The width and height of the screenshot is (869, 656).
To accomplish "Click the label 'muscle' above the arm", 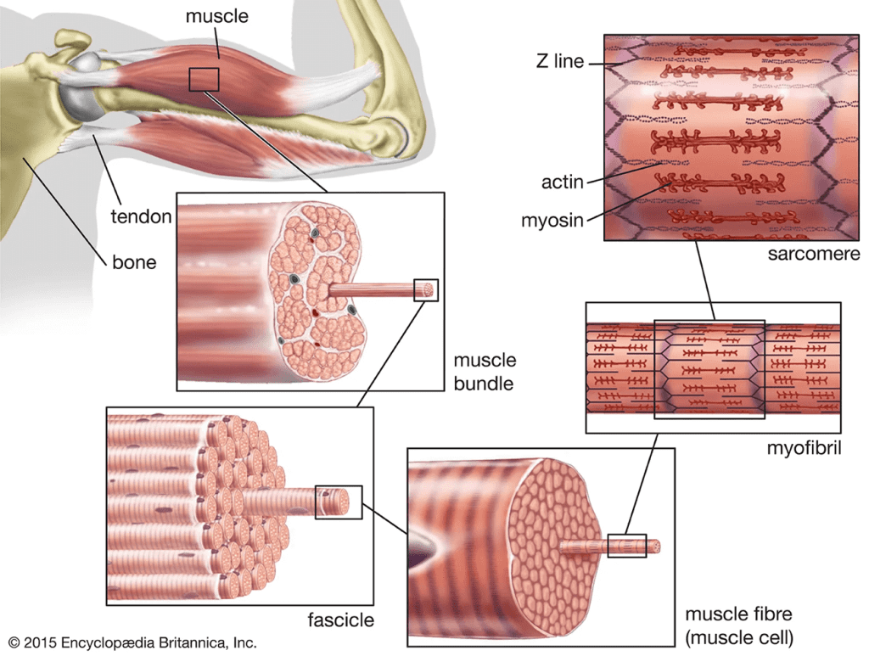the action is pos(216,16).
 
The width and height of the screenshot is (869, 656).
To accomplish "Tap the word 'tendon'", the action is pos(141,216).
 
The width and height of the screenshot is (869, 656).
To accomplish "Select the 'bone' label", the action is pos(134,262).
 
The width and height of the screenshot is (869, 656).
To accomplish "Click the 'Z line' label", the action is pos(560,61).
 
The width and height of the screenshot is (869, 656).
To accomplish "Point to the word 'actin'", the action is pos(562,182).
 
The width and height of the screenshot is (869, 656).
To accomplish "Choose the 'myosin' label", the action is pos(552,221).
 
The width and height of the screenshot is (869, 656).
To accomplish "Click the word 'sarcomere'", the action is pos(814,254).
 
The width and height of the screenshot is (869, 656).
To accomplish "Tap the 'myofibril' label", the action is pos(804,448).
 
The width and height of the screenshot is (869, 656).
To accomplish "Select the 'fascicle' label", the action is pos(340,620).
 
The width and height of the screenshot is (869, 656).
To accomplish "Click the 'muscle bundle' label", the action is pos(485,372).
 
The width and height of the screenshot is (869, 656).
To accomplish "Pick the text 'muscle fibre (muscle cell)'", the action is pos(739,625).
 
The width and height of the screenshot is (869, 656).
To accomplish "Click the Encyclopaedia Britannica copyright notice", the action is pos(132,642).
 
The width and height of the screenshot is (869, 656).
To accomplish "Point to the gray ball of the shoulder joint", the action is pos(84,88).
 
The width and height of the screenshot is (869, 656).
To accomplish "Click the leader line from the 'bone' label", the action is pos(64,210).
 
